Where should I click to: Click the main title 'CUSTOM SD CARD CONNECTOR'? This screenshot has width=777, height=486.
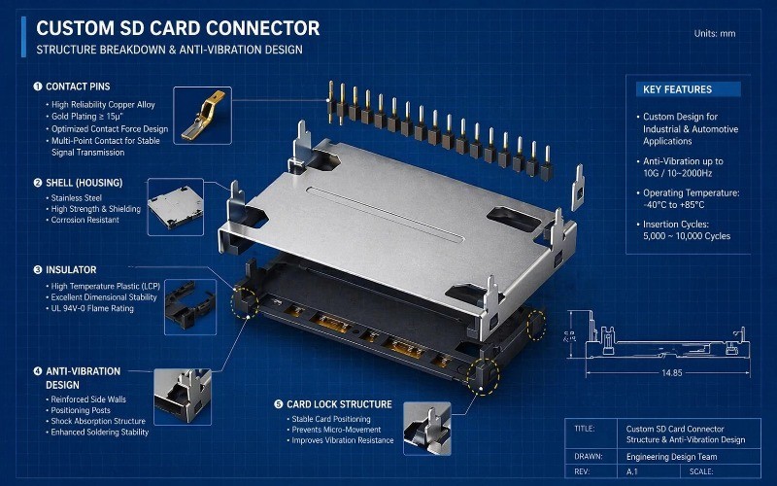coord(178,28)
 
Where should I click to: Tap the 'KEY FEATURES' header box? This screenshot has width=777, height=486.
coord(688,89)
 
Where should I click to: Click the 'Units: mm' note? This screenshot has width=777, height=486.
coord(715,34)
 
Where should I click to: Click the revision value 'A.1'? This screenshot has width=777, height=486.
coord(633,473)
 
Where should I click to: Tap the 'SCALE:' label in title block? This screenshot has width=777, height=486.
coord(702,473)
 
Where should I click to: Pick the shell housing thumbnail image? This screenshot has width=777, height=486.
coord(175,206)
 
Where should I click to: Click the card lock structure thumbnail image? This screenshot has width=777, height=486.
coord(424,425)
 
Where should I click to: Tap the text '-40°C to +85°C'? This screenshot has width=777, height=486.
coord(678,205)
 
